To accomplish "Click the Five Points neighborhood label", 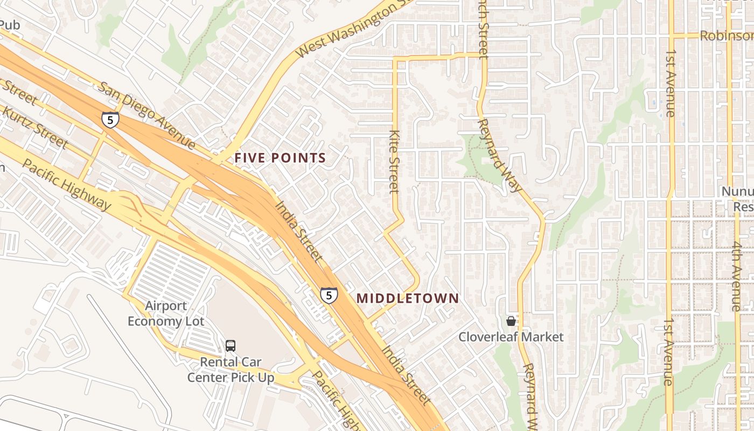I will pyautogui.click(x=280, y=158).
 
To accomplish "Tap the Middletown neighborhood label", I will pyautogui.click(x=408, y=298).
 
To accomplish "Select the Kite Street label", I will pyautogui.click(x=395, y=161).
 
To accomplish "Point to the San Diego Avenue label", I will pyautogui.click(x=146, y=115).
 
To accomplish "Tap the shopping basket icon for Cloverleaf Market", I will pyautogui.click(x=511, y=321).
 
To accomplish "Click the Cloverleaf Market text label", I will pyautogui.click(x=511, y=337).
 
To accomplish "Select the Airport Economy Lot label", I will pyautogui.click(x=166, y=314).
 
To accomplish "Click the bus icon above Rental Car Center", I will pyautogui.click(x=231, y=345).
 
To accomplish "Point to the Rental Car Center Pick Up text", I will pyautogui.click(x=231, y=370).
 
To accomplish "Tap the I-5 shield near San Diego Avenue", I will pyautogui.click(x=110, y=120).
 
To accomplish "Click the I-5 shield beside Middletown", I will pyautogui.click(x=329, y=295).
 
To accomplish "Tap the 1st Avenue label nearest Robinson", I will pyautogui.click(x=670, y=84).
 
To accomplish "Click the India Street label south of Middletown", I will pyautogui.click(x=407, y=376).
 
